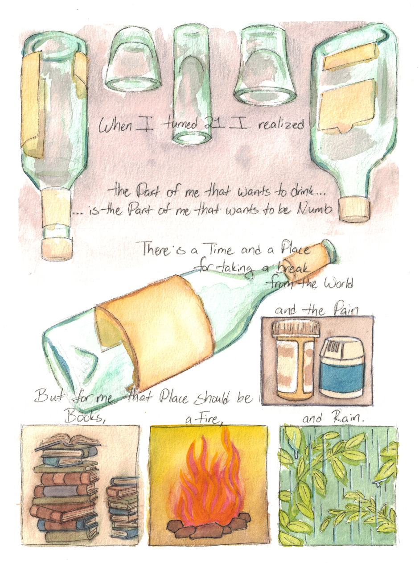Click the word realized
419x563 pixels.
tap(281, 124)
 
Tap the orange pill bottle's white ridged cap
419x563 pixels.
tap(296, 327)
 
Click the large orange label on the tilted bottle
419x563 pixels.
tap(154, 332)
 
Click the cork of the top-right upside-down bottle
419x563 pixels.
tap(355, 209)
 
